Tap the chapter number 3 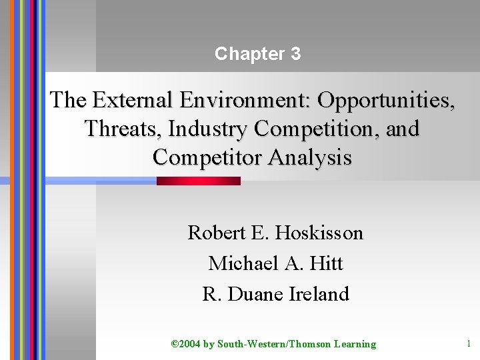click(295, 54)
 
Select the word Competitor click(207, 157)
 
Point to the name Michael click(236, 263)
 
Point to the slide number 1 click(469, 344)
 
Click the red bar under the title click(199, 181)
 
